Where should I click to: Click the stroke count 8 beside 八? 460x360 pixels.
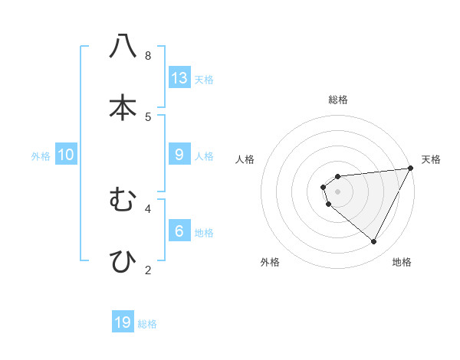tap(148, 56)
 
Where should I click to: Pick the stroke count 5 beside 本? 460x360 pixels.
tap(148, 116)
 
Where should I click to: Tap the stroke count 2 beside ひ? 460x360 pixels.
tap(148, 270)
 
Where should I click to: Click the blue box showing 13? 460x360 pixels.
tap(179, 78)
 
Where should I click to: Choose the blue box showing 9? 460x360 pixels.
tap(179, 155)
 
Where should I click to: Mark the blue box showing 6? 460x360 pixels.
tap(179, 231)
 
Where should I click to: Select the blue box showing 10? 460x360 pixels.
tap(66, 155)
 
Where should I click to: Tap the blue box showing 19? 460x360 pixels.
tap(123, 322)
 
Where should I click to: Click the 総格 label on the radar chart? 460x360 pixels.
tap(338, 100)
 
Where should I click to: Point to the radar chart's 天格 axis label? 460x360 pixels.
tap(431, 159)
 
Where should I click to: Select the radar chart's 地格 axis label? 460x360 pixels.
tap(402, 262)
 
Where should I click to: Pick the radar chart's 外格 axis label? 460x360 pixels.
tap(270, 262)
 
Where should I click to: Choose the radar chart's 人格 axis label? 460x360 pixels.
tap(245, 159)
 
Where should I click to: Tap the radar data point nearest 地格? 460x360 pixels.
tap(373, 241)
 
